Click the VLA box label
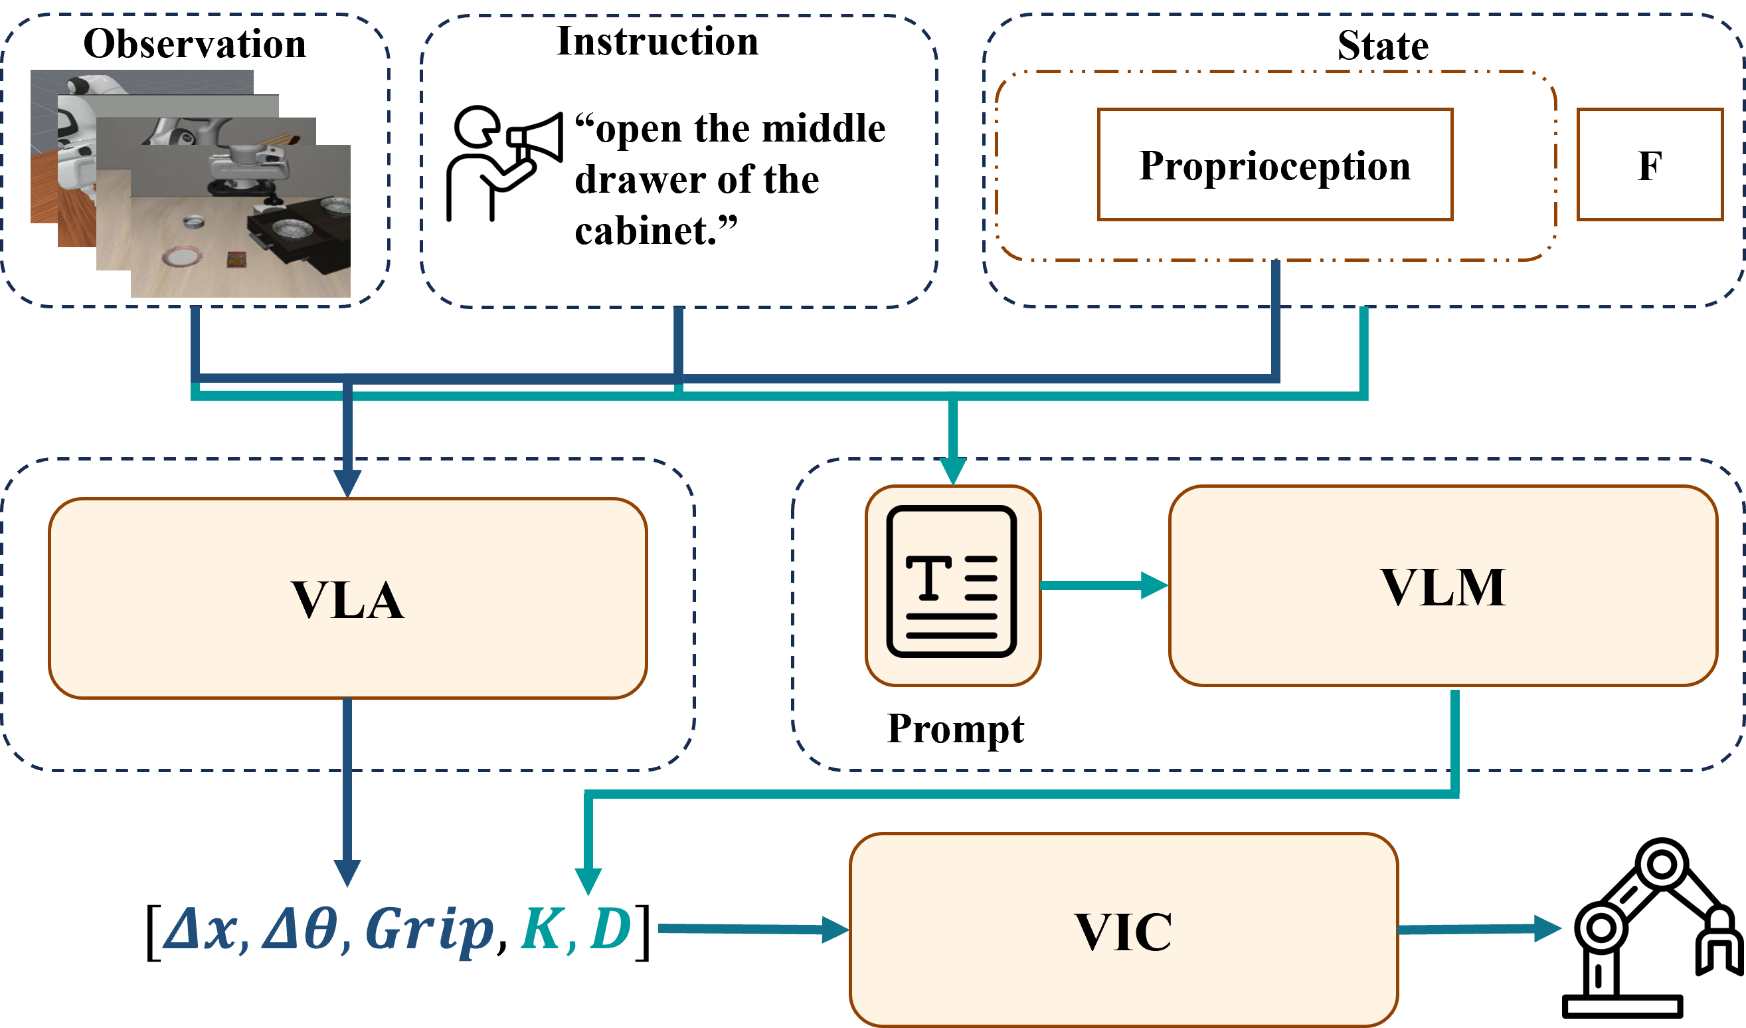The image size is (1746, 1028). coord(347,599)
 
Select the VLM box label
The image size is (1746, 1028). coord(1443,588)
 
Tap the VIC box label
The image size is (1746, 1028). coord(1123,932)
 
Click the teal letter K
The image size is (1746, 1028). coord(540,929)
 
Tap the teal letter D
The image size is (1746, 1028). coord(610,929)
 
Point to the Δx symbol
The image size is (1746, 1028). coord(201,929)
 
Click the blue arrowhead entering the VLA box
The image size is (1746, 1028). coord(347,483)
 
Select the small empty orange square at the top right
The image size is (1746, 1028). coord(1650,164)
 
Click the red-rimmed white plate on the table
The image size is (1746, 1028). coord(183,257)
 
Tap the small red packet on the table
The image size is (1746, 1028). coord(236,259)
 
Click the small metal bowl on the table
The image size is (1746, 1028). coord(194,222)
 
